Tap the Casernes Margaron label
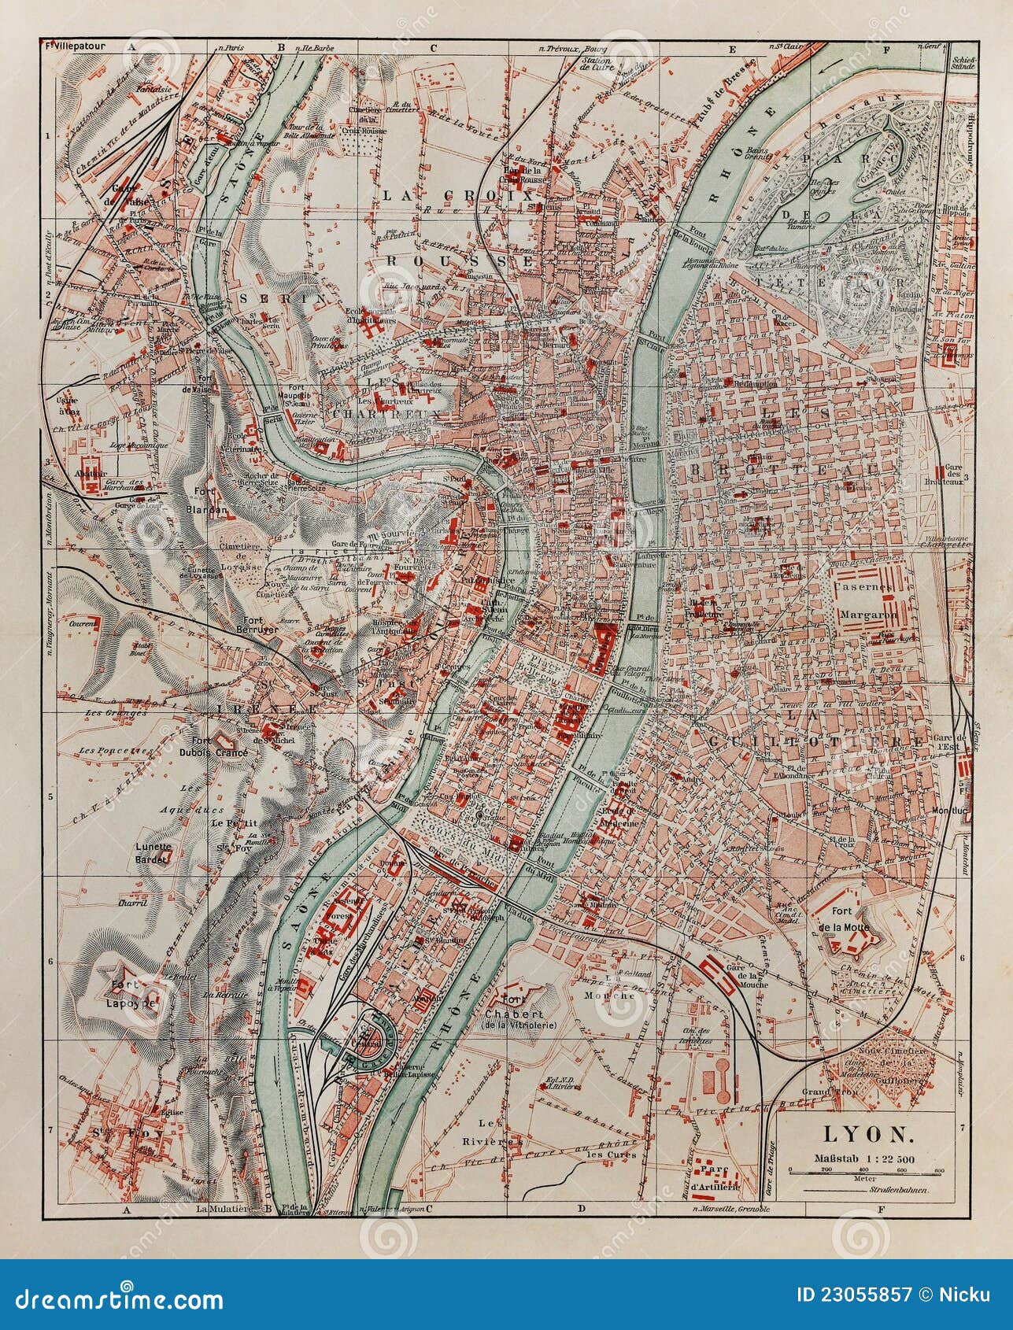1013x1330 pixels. click(867, 600)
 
